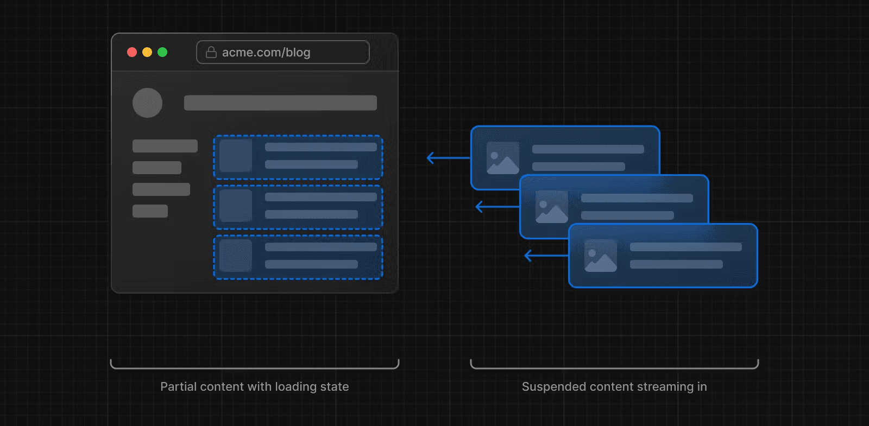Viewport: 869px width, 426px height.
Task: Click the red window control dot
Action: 132,52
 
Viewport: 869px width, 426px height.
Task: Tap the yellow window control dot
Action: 147,52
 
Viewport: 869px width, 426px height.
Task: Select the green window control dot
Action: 162,52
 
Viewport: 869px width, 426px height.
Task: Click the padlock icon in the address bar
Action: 211,52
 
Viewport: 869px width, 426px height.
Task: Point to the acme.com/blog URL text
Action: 266,53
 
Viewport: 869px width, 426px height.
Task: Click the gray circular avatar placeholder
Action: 147,103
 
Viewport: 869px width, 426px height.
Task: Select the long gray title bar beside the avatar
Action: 280,103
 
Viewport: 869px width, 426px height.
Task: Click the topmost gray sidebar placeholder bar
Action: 165,146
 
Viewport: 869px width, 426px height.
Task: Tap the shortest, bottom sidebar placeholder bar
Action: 150,211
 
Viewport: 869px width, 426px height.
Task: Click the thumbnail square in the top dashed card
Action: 236,156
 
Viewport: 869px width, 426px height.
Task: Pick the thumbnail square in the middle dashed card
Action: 236,206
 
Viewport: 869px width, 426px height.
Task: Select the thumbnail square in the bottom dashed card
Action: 236,256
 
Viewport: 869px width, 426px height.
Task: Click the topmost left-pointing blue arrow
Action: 448,158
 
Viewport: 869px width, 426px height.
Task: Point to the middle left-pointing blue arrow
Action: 496,207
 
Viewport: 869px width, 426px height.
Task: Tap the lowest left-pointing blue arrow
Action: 545,256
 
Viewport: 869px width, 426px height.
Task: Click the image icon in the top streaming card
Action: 503,158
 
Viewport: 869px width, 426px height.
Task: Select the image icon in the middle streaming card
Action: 552,207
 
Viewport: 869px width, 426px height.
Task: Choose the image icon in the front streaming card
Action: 601,256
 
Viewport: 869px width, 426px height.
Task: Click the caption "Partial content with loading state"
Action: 255,387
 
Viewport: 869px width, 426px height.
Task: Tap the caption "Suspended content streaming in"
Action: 614,387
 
